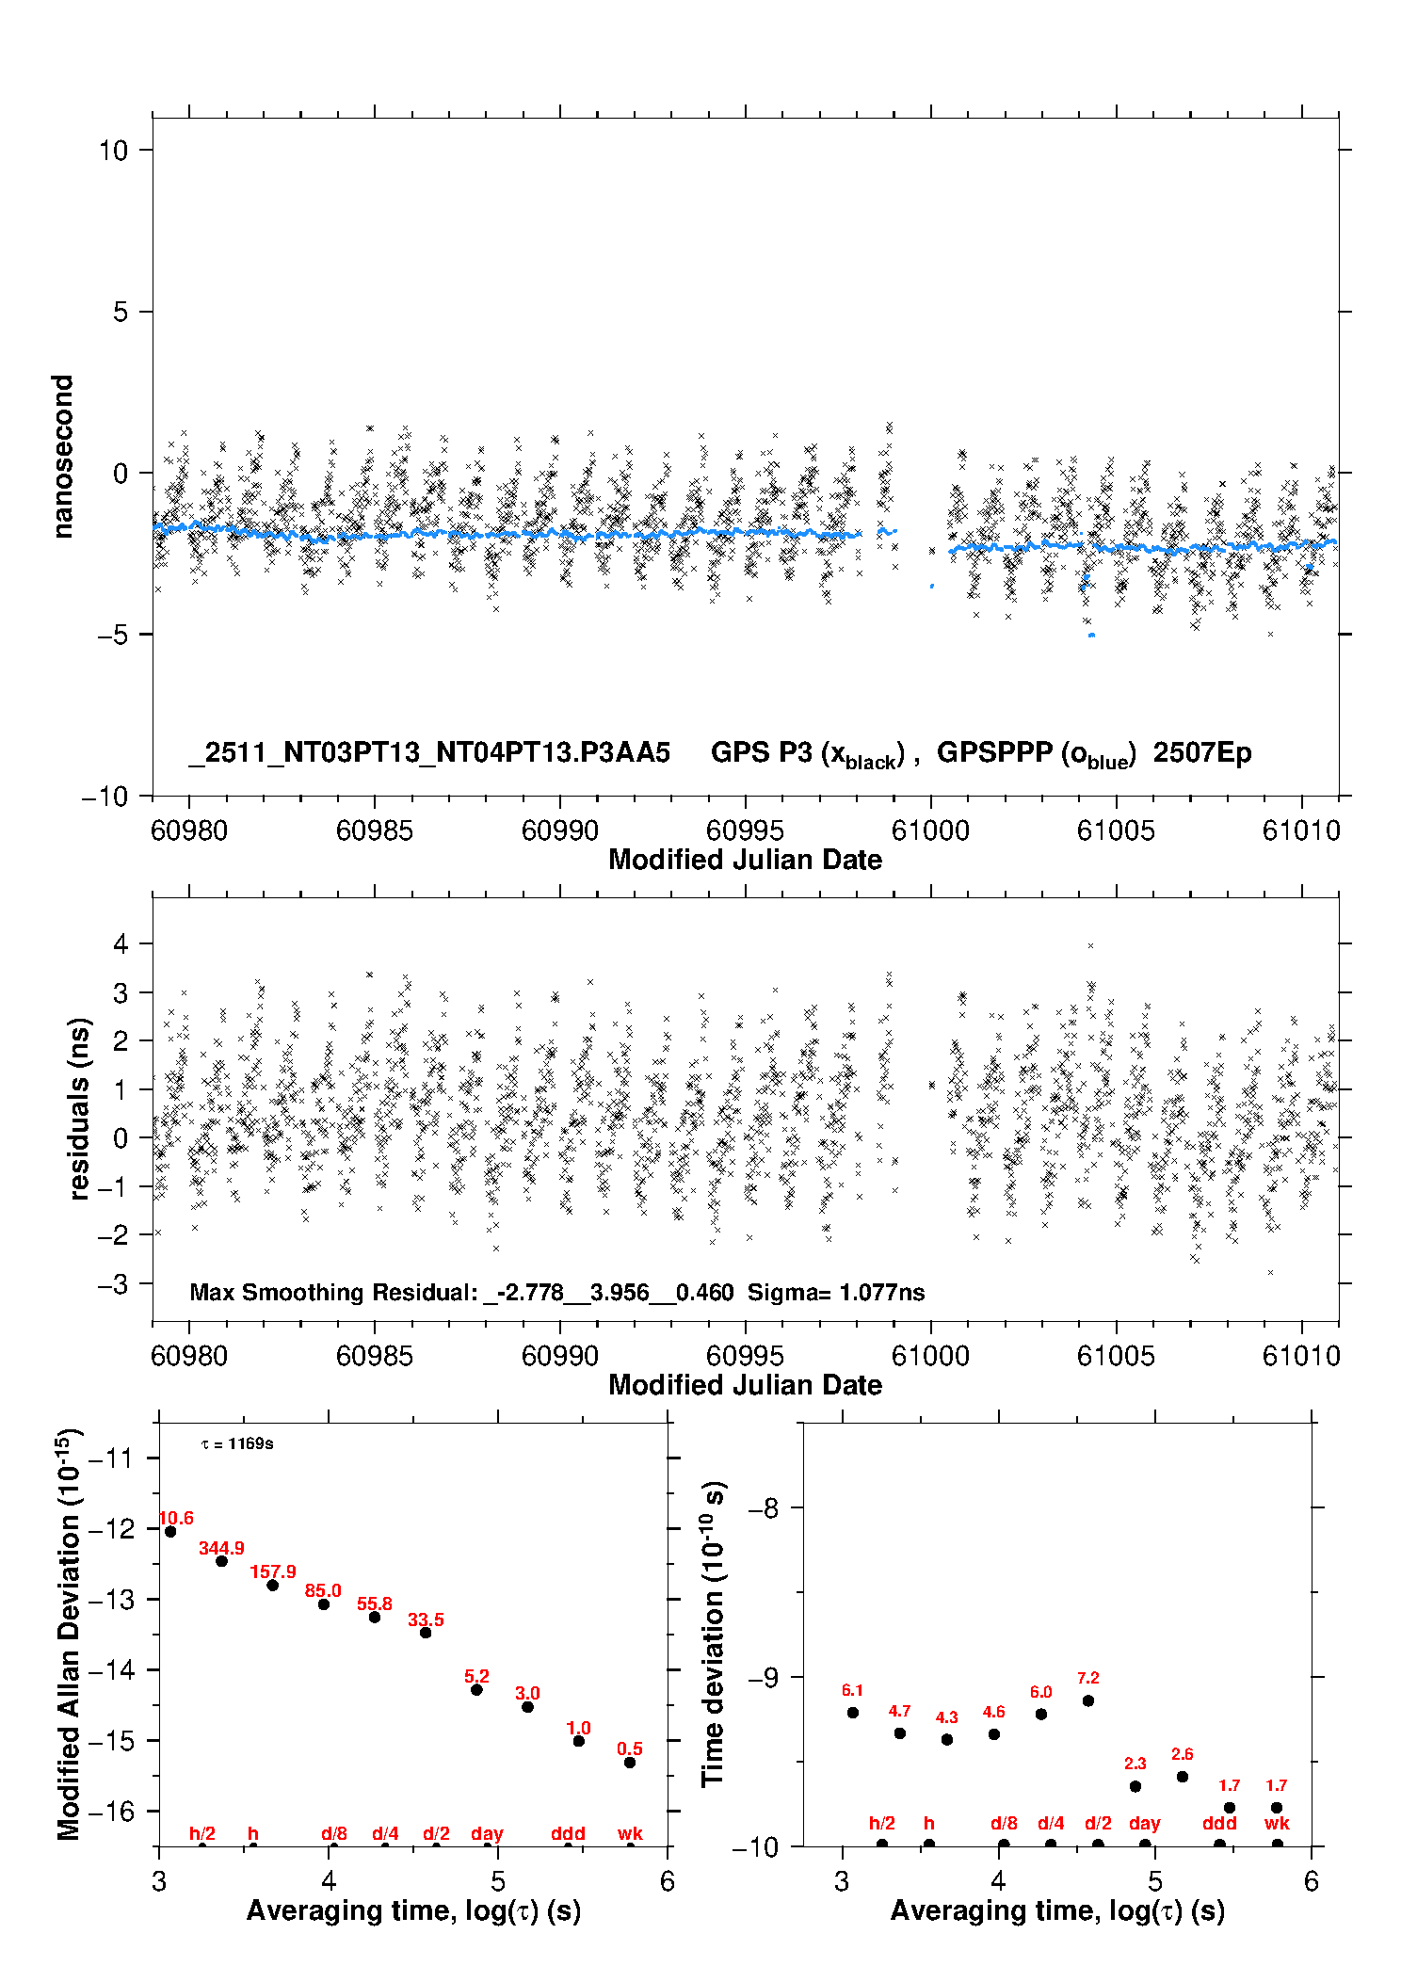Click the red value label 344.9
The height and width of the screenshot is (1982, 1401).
(221, 1548)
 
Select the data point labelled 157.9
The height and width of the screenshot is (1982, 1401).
(273, 1586)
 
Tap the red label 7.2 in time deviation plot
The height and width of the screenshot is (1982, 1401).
(1087, 1678)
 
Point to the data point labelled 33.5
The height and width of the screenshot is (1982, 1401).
(426, 1633)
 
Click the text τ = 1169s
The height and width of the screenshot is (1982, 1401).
(237, 1443)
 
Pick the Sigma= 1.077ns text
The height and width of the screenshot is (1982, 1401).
(836, 1292)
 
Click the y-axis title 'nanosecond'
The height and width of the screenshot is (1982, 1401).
(62, 456)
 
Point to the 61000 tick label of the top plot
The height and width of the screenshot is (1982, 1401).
(930, 830)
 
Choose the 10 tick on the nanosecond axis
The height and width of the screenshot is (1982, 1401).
(114, 150)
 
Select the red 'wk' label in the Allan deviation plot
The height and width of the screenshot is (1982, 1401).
(630, 1833)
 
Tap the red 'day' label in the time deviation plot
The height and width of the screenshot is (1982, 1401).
(1144, 1824)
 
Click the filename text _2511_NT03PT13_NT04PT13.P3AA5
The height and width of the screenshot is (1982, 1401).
(429, 753)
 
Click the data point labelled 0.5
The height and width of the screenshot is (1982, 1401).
(630, 1763)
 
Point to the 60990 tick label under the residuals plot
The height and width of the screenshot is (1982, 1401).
(559, 1356)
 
